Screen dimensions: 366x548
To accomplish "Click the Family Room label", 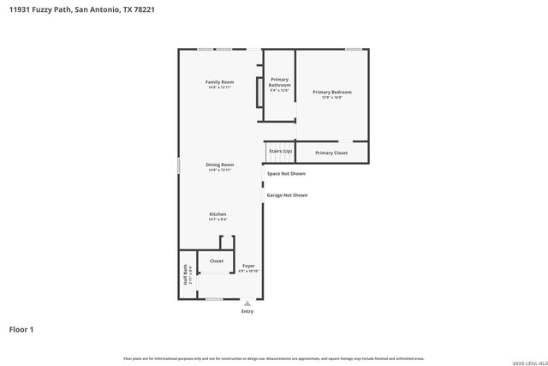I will coord(219,81).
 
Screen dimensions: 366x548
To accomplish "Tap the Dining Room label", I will coord(219,165).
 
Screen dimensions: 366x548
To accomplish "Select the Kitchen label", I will coord(218,214).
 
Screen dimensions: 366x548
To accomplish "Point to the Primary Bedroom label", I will coord(331,92).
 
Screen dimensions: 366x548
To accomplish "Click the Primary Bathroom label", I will coord(279,82).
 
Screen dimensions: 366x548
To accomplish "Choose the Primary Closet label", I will coord(331,153).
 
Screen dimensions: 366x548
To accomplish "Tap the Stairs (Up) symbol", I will coord(280,151).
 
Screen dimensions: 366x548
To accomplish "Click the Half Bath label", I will coord(185,279).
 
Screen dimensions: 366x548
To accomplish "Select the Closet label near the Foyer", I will coord(217,261).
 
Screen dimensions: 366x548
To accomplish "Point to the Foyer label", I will coord(248,266).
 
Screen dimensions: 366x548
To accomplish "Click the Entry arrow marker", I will coord(247,303).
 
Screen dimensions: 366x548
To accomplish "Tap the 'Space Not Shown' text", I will coord(286,173).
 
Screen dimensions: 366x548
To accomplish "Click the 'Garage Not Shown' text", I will coord(287,195).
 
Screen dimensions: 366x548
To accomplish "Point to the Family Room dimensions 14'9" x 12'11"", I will coord(219,87).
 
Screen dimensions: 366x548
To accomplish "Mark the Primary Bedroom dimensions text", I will coord(331,97).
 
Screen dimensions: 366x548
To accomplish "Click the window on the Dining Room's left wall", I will coord(178,165).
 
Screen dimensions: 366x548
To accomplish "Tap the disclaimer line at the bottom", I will coord(274,358).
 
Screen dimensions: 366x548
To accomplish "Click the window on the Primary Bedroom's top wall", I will coord(353,49).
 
